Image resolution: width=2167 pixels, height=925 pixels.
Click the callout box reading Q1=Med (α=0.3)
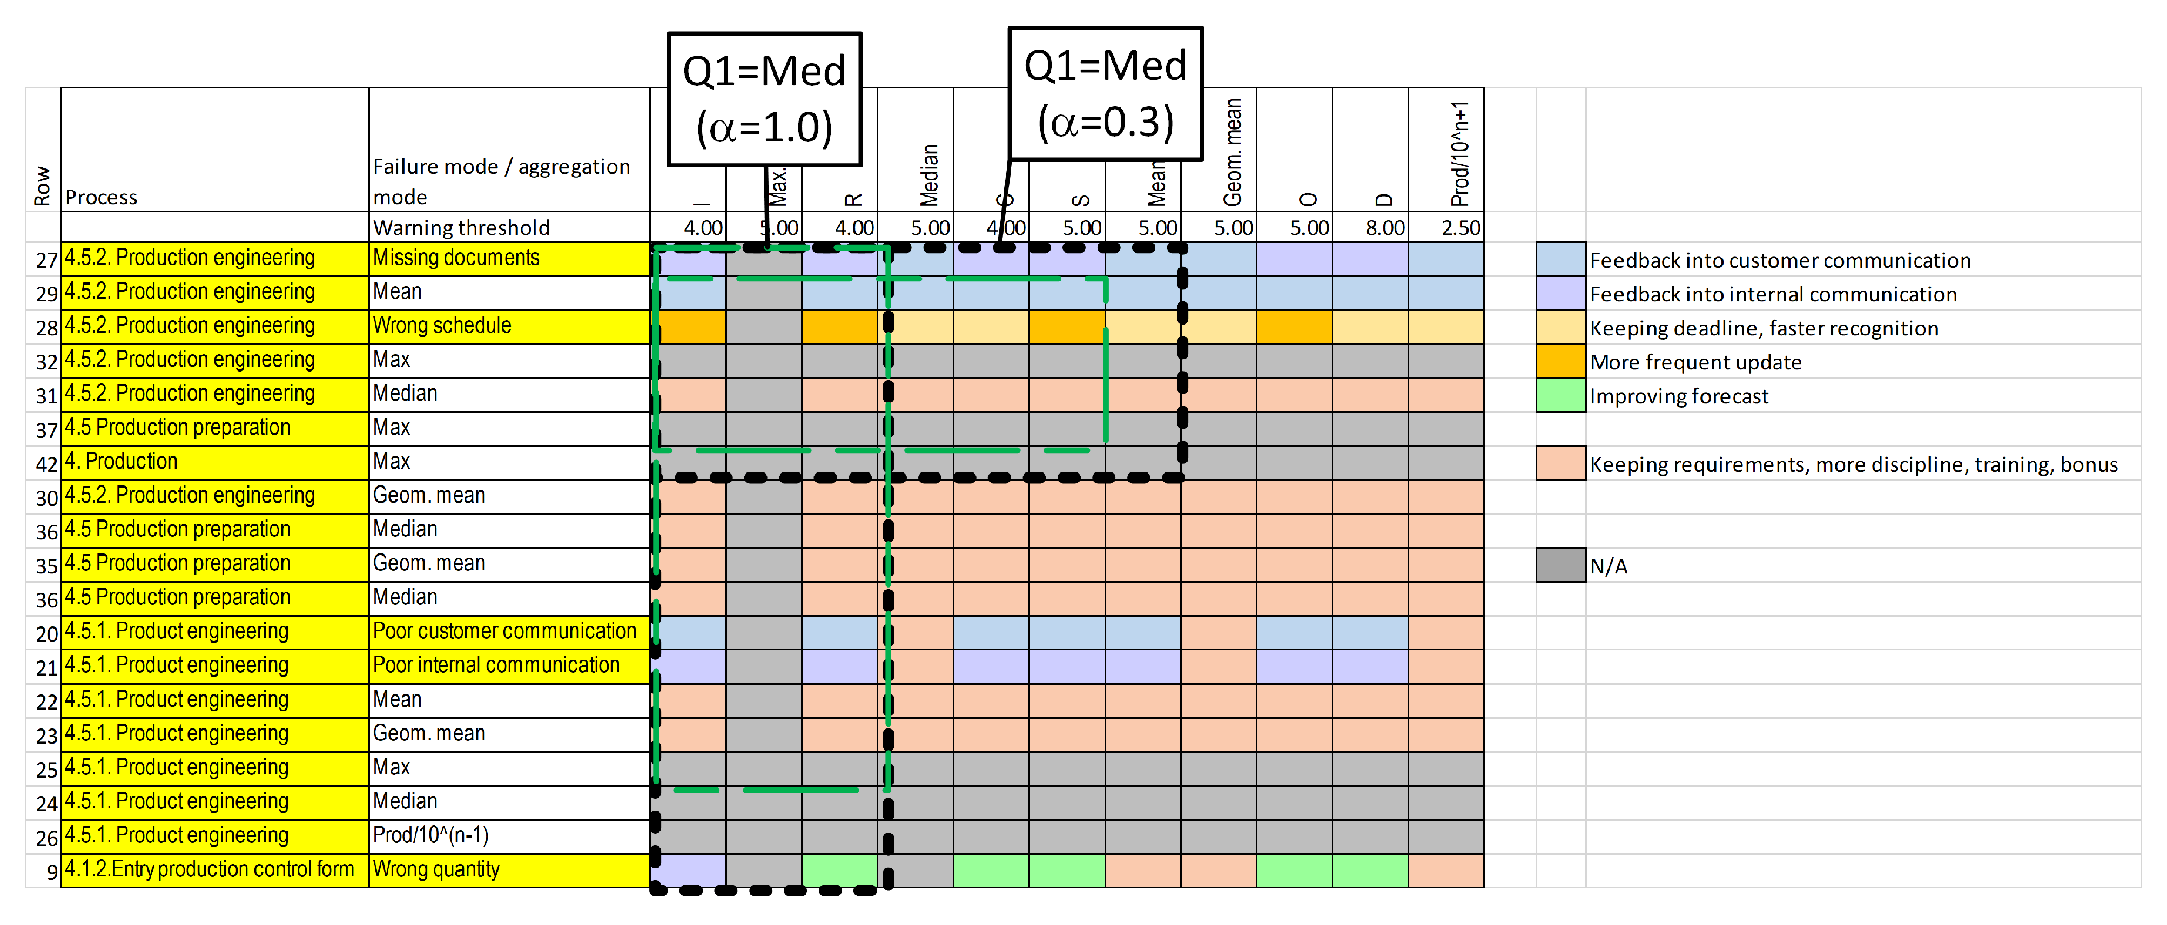click(1105, 93)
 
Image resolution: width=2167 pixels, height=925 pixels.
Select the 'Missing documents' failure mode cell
click(508, 258)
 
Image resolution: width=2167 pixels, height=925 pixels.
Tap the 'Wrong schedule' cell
click(508, 326)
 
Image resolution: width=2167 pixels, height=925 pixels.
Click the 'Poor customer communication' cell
click(508, 632)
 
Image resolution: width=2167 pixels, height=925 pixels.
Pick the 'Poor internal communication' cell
click(508, 665)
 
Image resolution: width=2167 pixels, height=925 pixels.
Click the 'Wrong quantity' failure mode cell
click(508, 869)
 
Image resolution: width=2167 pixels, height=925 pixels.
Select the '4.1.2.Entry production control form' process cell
click(214, 869)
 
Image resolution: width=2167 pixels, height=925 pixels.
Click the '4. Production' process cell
click(214, 462)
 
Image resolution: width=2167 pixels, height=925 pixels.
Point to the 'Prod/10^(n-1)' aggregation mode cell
click(508, 835)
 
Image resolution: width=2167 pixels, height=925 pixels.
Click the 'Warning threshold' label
click(461, 228)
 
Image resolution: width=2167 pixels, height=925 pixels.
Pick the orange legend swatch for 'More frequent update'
click(1560, 362)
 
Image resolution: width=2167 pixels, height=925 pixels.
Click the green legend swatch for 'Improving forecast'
click(1560, 395)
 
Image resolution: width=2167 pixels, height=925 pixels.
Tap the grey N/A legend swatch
click(1560, 565)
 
